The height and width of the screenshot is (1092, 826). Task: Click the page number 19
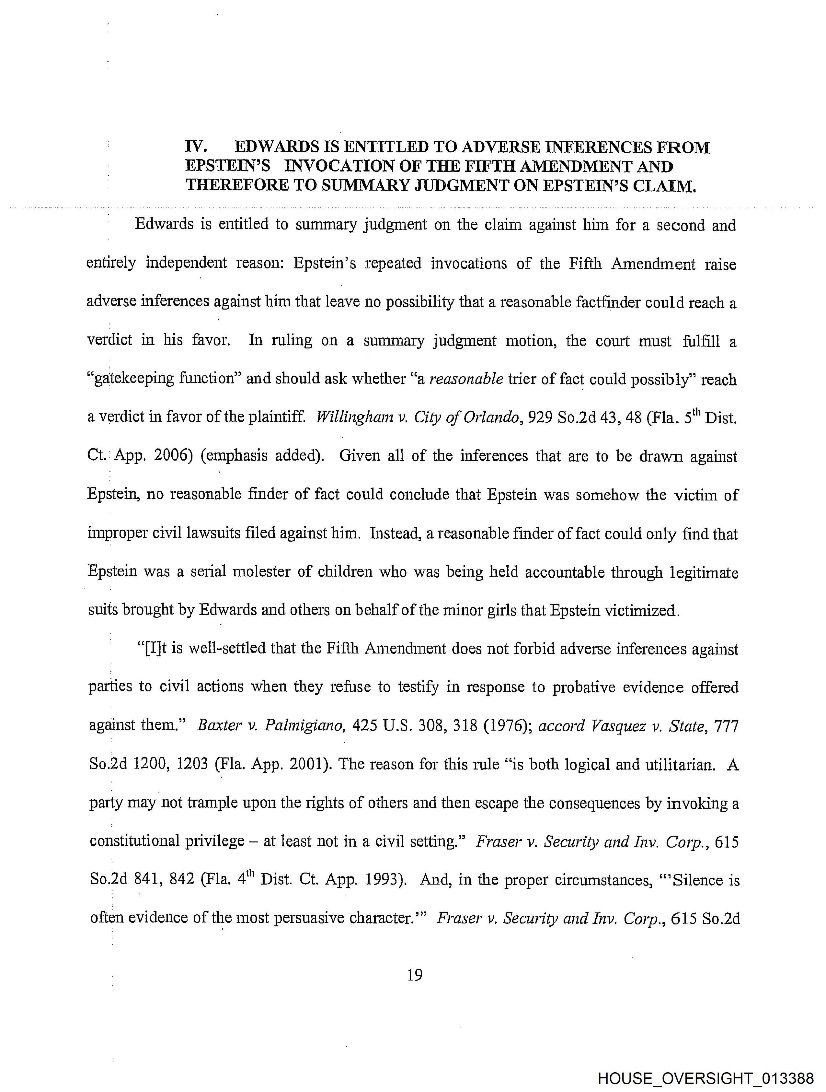click(415, 975)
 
